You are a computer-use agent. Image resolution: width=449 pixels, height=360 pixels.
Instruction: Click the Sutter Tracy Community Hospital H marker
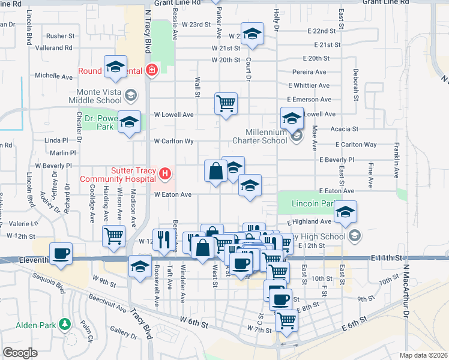click(x=165, y=175)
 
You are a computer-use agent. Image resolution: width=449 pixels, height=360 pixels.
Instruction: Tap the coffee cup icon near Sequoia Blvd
click(x=61, y=253)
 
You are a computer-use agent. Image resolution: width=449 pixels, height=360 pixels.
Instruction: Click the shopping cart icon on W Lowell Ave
click(x=226, y=103)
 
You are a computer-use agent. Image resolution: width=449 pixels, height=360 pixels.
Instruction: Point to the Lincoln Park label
click(x=312, y=204)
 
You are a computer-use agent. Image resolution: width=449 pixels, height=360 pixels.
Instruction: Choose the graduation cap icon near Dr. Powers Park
click(x=129, y=123)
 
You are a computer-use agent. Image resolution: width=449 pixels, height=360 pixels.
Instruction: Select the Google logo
click(x=20, y=353)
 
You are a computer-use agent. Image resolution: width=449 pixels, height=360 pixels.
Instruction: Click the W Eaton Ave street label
click(x=173, y=194)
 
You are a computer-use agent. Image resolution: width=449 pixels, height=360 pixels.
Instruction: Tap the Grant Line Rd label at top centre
click(x=177, y=3)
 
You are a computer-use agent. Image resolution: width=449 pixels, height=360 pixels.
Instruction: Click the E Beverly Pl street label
click(x=337, y=160)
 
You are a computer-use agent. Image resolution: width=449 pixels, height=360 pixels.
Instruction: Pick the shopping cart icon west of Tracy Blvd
click(x=113, y=236)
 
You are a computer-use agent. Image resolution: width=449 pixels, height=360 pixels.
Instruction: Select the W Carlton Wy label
click(x=173, y=142)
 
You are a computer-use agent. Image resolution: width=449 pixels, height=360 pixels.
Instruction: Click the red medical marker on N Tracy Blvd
click(x=151, y=70)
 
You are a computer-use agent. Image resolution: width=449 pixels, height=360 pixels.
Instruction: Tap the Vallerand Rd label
click(x=53, y=47)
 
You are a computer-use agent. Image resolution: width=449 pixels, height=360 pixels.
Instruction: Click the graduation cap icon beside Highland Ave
click(x=346, y=212)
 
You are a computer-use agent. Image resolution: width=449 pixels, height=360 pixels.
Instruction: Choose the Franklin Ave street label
click(x=397, y=159)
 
